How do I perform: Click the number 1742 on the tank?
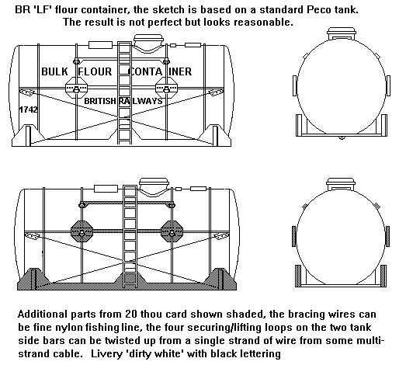[28, 110]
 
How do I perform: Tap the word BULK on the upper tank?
[54, 71]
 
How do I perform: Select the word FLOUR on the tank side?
[95, 71]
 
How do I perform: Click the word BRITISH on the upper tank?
[100, 101]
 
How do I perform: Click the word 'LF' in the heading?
[45, 9]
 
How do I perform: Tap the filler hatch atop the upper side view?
[148, 40]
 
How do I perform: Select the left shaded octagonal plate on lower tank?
[82, 231]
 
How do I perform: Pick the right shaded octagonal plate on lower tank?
[172, 231]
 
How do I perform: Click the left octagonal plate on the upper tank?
[76, 88]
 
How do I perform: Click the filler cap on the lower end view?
[341, 184]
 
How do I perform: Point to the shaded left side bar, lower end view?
[294, 236]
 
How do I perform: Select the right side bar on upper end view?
[388, 85]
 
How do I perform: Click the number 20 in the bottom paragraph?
[131, 315]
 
